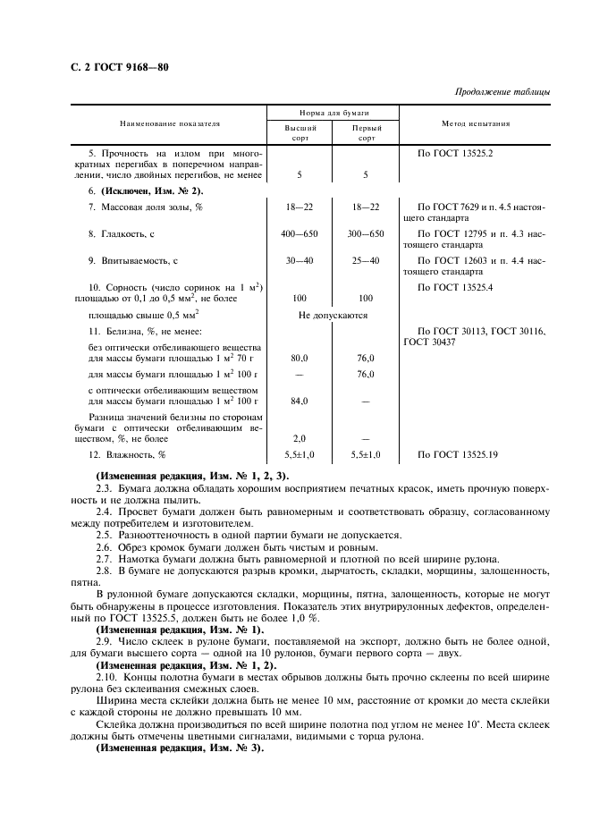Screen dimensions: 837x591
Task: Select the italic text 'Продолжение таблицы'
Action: (502, 92)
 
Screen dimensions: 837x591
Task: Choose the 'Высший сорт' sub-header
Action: (300, 134)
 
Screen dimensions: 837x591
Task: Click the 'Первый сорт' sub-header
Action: (365, 134)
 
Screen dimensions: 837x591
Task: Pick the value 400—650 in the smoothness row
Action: (300, 234)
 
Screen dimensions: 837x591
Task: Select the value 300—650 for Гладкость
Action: (365, 234)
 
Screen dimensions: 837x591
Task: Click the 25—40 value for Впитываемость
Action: (365, 261)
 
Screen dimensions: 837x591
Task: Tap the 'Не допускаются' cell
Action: (332, 315)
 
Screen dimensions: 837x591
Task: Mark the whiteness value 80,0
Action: (300, 359)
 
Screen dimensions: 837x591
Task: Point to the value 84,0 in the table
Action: (300, 402)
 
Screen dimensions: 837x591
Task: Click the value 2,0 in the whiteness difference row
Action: (300, 439)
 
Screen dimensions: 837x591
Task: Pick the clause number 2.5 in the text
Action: (103, 533)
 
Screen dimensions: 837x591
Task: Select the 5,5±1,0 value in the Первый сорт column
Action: (365, 455)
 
